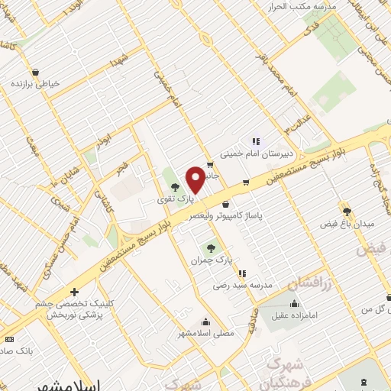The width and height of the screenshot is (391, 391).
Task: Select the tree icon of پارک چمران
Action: click(x=211, y=247)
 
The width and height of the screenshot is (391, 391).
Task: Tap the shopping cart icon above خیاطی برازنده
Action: click(x=36, y=67)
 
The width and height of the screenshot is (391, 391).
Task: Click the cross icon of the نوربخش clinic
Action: click(x=74, y=291)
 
